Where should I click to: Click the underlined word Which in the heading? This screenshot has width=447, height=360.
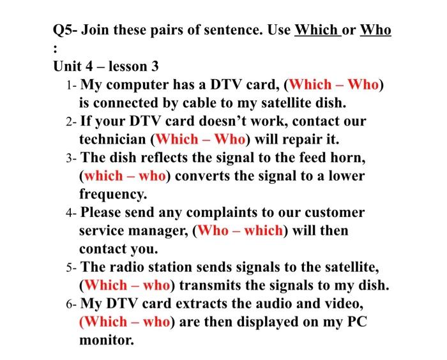click(317, 30)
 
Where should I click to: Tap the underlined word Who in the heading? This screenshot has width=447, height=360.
click(375, 30)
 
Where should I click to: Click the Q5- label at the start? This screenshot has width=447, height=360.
click(66, 30)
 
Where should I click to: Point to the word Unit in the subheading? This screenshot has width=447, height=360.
click(68, 66)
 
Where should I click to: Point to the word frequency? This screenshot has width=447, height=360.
click(112, 193)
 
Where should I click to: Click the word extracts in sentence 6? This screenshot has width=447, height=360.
click(185, 303)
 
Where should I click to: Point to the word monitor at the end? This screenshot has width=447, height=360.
click(107, 340)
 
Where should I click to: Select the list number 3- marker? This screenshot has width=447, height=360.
click(71, 158)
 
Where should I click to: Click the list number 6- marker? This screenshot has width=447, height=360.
click(71, 304)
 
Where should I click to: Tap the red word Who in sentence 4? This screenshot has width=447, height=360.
click(211, 230)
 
